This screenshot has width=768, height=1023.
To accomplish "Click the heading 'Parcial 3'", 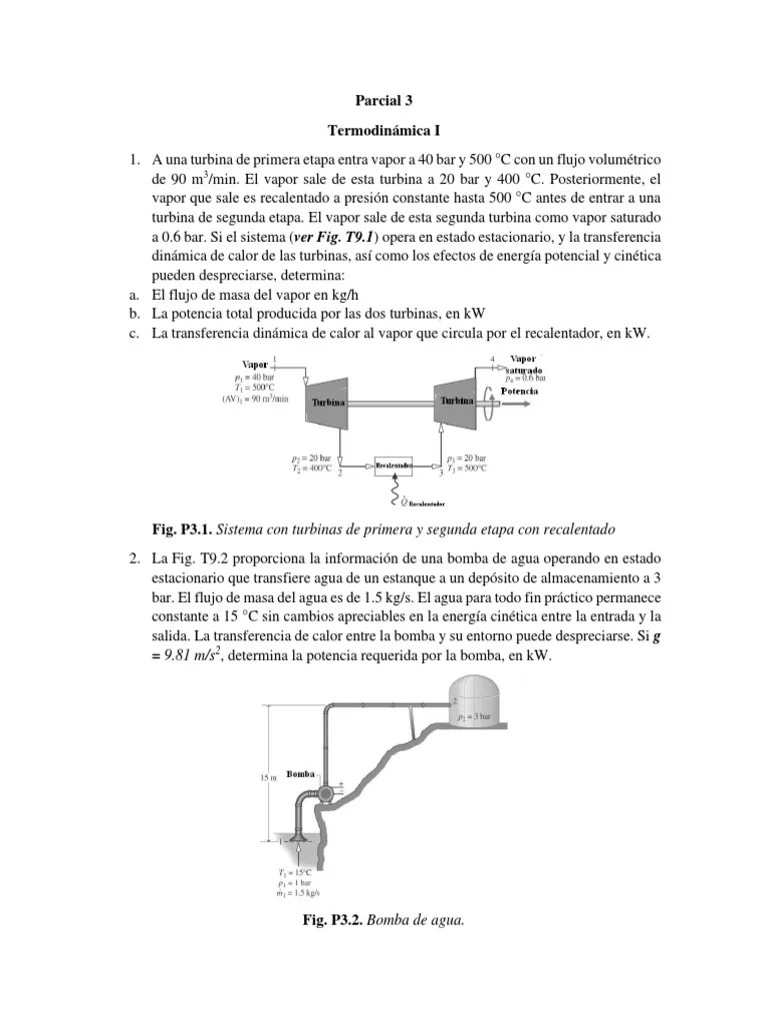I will pos(384,100).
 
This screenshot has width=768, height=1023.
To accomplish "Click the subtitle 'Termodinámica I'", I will pos(384,130).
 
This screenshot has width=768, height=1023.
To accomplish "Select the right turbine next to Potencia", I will pos(454,399).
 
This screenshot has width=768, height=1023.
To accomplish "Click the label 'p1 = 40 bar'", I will pos(254,378).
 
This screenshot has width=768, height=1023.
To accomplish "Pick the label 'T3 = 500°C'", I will pos(466,468).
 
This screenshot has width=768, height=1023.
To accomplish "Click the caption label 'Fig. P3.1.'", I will pos(181,527).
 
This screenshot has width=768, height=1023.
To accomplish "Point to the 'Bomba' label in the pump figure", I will pos(301,774).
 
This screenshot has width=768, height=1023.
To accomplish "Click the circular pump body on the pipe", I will pos(326,794).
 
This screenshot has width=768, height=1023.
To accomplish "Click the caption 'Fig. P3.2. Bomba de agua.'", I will pos(384,919).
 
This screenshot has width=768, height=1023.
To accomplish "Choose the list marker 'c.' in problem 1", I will pos(131,334).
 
